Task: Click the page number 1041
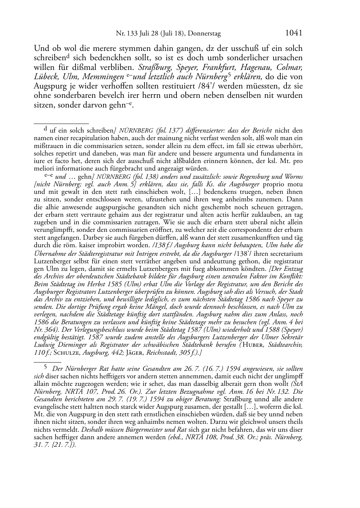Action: [x=294, y=33]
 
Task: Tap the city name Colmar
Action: [x=290, y=67]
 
